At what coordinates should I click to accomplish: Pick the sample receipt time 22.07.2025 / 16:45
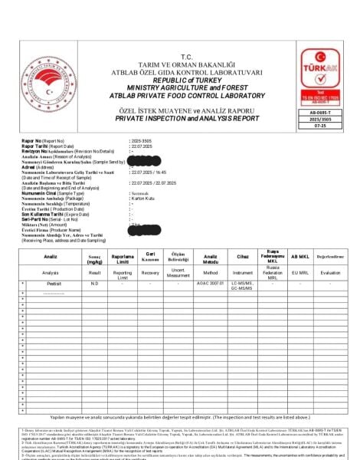point(150,174)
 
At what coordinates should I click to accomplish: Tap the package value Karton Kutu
point(145,200)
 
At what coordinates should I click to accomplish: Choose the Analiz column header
point(51,255)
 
